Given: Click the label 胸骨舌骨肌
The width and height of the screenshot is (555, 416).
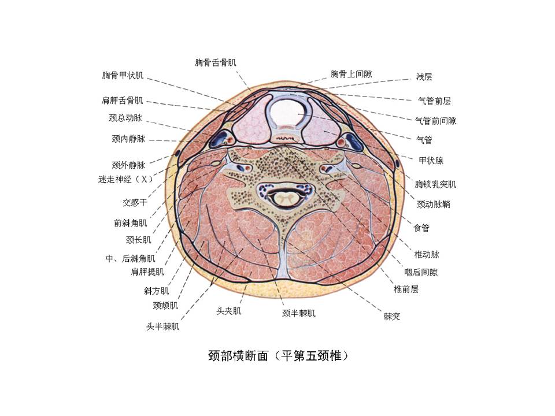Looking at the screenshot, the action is [x=216, y=63].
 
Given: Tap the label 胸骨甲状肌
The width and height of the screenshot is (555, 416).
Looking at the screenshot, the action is [x=123, y=75].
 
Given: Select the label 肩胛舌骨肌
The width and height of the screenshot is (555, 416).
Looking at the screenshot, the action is [x=122, y=101].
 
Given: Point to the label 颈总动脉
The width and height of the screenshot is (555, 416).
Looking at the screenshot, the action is [x=125, y=118].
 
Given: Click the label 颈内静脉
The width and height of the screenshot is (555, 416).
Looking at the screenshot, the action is [x=128, y=139].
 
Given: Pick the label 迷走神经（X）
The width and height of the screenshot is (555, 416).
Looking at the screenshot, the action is [x=125, y=179].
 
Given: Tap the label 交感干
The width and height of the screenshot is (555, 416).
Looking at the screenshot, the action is [x=135, y=202].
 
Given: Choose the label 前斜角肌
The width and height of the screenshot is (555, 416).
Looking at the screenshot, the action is [x=130, y=223].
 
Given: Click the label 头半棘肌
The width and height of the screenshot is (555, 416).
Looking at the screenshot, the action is [x=163, y=326].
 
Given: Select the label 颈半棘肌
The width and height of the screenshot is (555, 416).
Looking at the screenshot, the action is [x=299, y=313].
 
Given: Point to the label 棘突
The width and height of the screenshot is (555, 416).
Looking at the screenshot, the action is [x=392, y=316].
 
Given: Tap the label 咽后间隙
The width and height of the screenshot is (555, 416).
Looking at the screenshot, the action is [x=421, y=272].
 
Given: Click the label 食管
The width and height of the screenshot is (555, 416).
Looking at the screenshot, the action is [x=421, y=228].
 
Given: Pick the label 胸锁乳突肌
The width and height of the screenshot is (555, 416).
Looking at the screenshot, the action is [x=435, y=184].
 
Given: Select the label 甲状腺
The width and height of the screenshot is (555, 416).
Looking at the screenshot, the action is [x=431, y=161].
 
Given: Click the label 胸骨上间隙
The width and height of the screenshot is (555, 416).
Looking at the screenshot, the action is [x=351, y=74].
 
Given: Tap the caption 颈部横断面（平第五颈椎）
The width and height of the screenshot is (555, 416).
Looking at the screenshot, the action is [x=279, y=355].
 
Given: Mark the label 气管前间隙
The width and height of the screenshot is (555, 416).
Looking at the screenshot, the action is [x=436, y=121].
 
